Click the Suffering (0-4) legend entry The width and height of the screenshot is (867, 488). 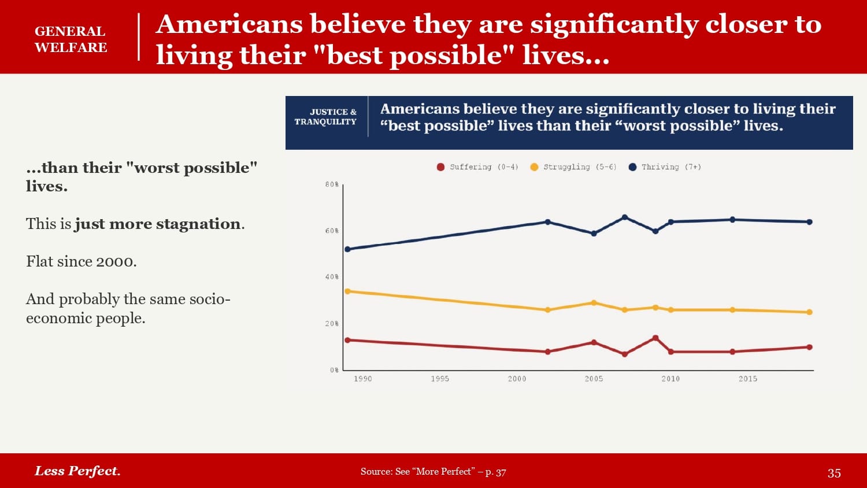click(x=477, y=167)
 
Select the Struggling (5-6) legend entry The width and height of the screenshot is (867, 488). click(x=573, y=167)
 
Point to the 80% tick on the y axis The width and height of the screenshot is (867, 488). click(x=332, y=184)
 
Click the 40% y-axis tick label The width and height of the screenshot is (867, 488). click(x=332, y=277)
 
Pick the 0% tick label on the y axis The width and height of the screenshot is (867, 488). click(x=334, y=370)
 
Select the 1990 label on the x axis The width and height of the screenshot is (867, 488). click(x=363, y=379)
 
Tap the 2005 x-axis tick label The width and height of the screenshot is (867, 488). click(x=594, y=379)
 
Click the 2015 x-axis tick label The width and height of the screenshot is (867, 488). click(x=748, y=379)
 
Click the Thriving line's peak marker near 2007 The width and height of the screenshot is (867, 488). click(x=625, y=217)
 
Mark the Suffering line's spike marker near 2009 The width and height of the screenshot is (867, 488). click(x=655, y=338)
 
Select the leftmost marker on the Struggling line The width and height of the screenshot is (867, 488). click(x=347, y=291)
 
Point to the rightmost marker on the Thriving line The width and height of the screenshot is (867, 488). click(x=809, y=222)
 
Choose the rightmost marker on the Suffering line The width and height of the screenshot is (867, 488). click(x=809, y=347)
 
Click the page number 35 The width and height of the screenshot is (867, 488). click(x=834, y=473)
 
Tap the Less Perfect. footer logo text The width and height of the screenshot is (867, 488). click(x=77, y=471)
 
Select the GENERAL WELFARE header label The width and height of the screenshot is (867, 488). click(x=71, y=39)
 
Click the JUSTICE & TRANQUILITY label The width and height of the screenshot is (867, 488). click(x=326, y=117)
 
